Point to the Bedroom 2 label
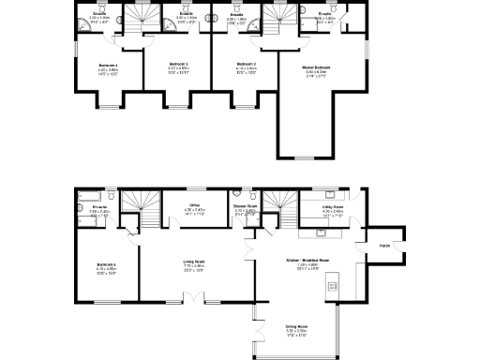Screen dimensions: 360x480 click(247, 65)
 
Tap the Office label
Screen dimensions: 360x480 click(195, 205)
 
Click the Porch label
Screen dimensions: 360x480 click(383, 247)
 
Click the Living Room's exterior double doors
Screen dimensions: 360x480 click(194, 298)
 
